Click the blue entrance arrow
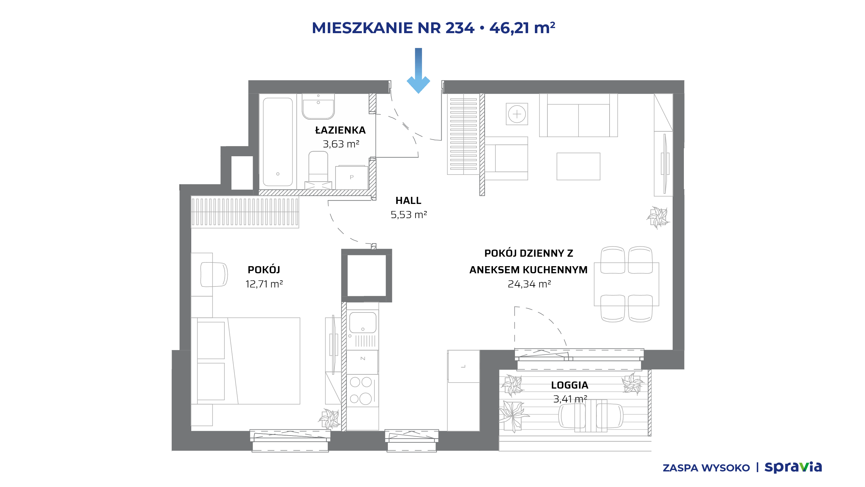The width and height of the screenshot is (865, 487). tap(418, 71)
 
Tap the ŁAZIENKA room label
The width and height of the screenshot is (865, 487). tap(340, 130)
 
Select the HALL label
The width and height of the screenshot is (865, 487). tap(408, 201)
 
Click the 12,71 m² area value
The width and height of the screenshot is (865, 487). tap(264, 284)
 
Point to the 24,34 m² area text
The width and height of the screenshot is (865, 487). tap(529, 284)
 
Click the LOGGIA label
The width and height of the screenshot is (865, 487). tap(570, 385)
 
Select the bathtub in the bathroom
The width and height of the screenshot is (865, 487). tap(278, 142)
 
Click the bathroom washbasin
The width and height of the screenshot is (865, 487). tap(318, 107)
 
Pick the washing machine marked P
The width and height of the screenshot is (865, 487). tap(352, 178)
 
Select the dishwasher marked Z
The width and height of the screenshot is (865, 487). tap(363, 362)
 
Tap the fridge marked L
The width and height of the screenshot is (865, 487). tap(464, 366)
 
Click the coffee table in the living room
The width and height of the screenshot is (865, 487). tap(578, 166)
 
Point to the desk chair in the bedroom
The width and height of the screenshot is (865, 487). tap(214, 275)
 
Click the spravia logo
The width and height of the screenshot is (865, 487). tap(793, 467)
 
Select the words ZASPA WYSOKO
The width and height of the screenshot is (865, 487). tap(706, 468)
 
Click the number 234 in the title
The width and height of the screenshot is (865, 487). tap(460, 28)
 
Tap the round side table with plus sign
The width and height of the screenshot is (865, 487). tap(517, 114)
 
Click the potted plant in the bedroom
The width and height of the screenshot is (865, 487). tap(329, 419)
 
